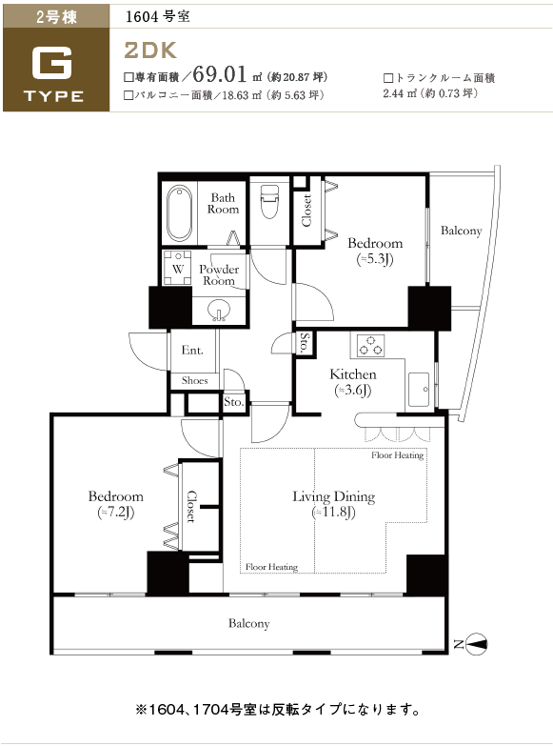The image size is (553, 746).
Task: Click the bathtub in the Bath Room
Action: pyautogui.click(x=180, y=213)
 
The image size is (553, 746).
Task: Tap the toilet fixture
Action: pyautogui.click(x=269, y=202)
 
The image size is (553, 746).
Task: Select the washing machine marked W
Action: pyautogui.click(x=177, y=269)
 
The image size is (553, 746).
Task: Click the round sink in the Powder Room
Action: pyautogui.click(x=219, y=310)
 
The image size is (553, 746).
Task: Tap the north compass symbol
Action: pyautogui.click(x=476, y=644)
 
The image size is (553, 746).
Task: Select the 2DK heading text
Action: pyautogui.click(x=150, y=50)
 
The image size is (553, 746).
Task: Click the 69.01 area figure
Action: pyautogui.click(x=220, y=73)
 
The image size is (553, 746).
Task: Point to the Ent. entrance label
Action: pyautogui.click(x=192, y=351)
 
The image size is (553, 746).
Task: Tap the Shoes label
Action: pyautogui.click(x=194, y=380)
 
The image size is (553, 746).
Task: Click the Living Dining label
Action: pyautogui.click(x=333, y=496)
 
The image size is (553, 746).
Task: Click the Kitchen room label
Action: pyautogui.click(x=353, y=374)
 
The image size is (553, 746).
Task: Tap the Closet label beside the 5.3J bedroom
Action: pyautogui.click(x=306, y=210)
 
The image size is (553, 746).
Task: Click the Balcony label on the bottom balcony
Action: pyautogui.click(x=248, y=623)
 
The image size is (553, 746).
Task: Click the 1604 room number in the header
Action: pyautogui.click(x=142, y=17)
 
